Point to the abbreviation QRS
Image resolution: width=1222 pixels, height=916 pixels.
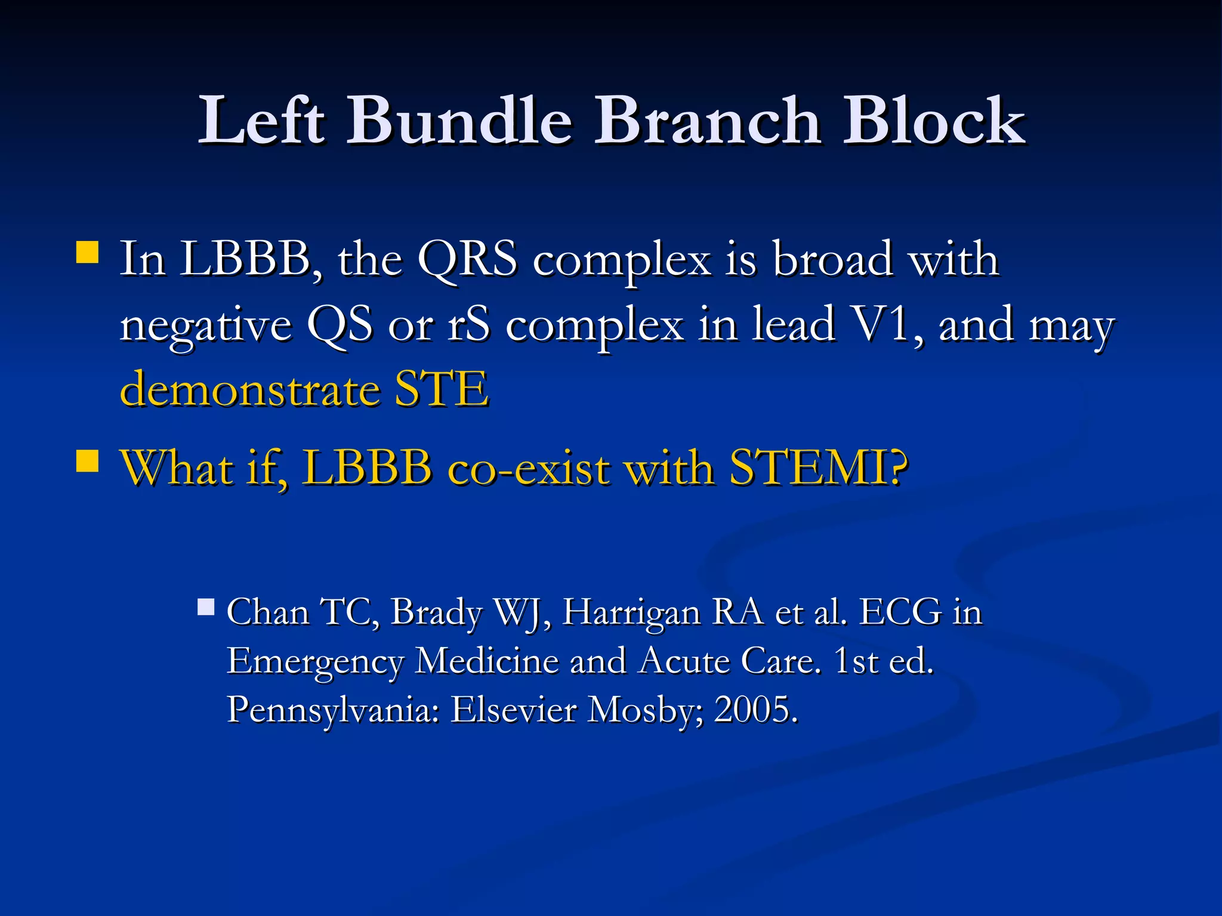[x=467, y=260]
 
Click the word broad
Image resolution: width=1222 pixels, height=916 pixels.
[x=833, y=260]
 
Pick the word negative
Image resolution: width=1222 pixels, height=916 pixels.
[x=206, y=326]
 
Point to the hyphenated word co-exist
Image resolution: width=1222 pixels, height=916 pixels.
[x=529, y=468]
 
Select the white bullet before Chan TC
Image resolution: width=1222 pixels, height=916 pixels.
[x=206, y=608]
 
